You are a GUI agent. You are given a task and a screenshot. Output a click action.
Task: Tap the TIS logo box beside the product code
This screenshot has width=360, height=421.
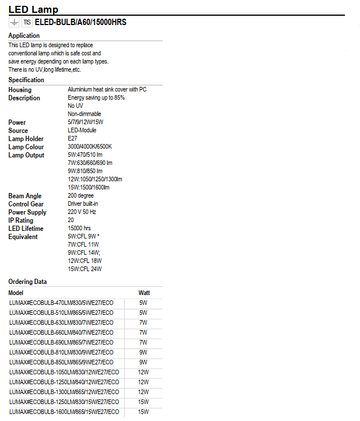27,22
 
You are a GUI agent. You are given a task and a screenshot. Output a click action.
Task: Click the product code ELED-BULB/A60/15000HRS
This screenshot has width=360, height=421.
81,22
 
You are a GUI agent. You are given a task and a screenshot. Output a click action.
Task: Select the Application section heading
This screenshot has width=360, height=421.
24,36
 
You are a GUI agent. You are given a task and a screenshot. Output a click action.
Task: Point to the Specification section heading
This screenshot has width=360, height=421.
26,80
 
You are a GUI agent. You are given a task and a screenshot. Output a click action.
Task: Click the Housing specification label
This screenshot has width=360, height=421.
20,90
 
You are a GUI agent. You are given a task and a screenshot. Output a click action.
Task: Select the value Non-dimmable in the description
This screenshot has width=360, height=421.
85,114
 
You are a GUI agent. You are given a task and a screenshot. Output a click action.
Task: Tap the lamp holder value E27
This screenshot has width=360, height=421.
73,138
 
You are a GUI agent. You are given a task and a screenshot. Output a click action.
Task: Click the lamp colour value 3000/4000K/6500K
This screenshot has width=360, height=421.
90,146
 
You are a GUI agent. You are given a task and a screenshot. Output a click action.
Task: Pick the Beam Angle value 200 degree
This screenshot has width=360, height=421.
85,195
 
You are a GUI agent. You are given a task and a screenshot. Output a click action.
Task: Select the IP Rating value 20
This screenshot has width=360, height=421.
71,220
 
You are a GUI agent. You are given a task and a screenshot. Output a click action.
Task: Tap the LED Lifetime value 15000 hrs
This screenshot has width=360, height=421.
79,229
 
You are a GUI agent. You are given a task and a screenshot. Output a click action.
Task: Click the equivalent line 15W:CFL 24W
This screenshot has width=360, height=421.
85,269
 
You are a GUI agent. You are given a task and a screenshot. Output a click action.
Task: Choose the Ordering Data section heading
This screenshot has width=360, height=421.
27,282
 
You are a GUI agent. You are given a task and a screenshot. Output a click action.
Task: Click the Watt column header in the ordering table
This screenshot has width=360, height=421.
144,293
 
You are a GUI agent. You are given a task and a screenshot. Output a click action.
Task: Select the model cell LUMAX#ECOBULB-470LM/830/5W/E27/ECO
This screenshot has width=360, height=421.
61,303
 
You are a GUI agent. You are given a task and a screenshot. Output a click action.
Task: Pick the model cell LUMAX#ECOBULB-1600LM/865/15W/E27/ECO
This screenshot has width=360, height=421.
64,412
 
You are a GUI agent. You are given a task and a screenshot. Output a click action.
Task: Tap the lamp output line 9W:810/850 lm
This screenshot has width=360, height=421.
85,171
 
